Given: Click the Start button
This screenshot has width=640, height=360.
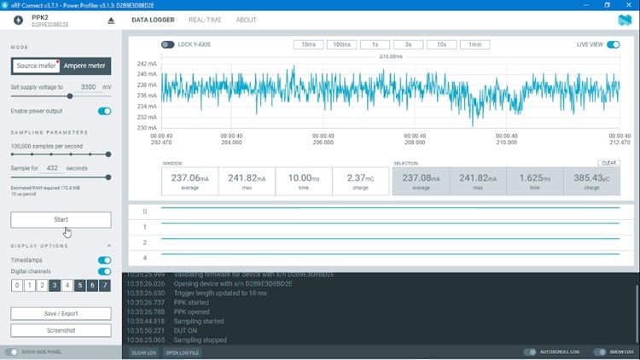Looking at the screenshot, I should coord(61,219).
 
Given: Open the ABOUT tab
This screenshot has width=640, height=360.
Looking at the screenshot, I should coord(246,20).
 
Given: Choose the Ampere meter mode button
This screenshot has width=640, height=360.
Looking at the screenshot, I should coord(84,66).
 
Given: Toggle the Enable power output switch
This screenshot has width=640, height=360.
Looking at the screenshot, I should coord(105,111).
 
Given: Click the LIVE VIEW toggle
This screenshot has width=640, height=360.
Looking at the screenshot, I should coord(613,44).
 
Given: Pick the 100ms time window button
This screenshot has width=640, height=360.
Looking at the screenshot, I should coord(340,44).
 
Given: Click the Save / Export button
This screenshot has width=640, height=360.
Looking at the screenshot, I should coord(61,313).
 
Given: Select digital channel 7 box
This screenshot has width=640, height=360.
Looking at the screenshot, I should coord(105,286).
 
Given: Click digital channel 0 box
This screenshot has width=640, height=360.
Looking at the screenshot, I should coord(17,286).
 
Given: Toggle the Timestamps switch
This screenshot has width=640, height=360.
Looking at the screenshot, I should coord(105,260).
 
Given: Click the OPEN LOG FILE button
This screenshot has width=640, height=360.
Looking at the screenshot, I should coord(182,352).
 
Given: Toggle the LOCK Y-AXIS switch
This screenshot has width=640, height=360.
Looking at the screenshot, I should coord(167,44).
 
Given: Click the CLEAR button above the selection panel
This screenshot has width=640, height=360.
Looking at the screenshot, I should coord(608,162).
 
